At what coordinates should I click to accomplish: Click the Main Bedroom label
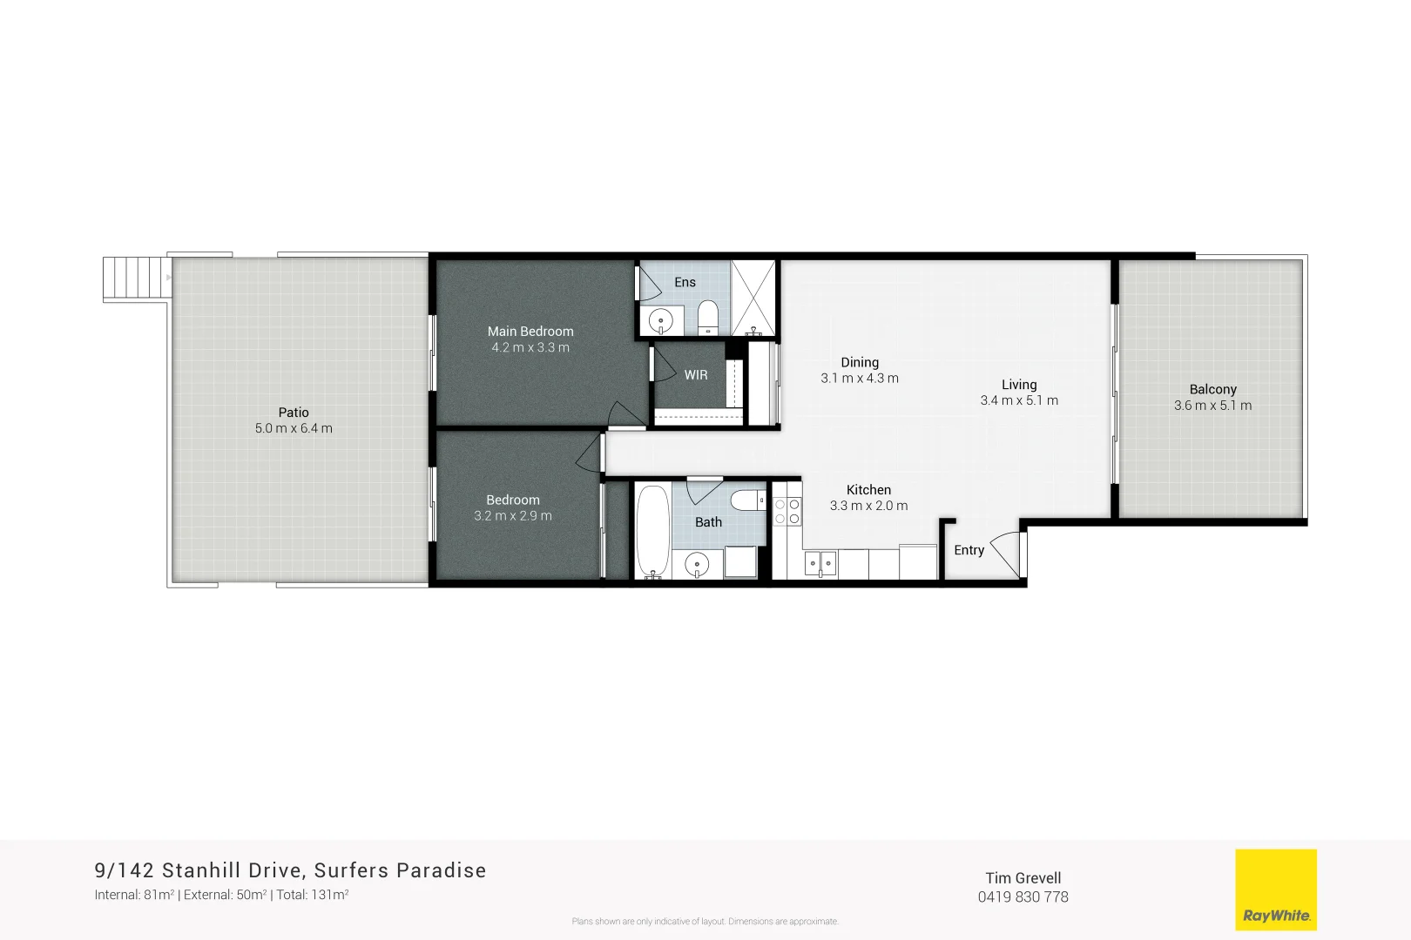tap(530, 332)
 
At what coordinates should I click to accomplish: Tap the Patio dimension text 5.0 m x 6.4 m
tap(294, 428)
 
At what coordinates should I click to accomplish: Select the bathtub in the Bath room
tap(652, 531)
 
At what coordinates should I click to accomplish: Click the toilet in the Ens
tap(707, 316)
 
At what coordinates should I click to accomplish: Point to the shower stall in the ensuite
tap(753, 298)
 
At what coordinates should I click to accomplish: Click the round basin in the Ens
tap(661, 320)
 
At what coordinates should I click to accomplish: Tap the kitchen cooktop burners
tap(787, 512)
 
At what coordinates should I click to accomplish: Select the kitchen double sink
tap(820, 564)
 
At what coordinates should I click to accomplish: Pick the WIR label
tap(696, 375)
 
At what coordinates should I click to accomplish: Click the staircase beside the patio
tap(136, 278)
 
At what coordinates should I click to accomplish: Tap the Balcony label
tap(1212, 390)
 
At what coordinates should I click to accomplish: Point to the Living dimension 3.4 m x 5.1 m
tap(1019, 400)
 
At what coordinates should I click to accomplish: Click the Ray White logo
tap(1276, 890)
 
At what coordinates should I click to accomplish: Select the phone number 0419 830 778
tap(1023, 897)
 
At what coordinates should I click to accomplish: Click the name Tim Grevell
tap(1023, 878)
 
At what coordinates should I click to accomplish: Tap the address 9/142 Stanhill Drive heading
tap(290, 870)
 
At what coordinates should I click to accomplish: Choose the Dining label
tap(860, 363)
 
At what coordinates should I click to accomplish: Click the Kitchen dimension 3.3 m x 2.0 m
tap(868, 506)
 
